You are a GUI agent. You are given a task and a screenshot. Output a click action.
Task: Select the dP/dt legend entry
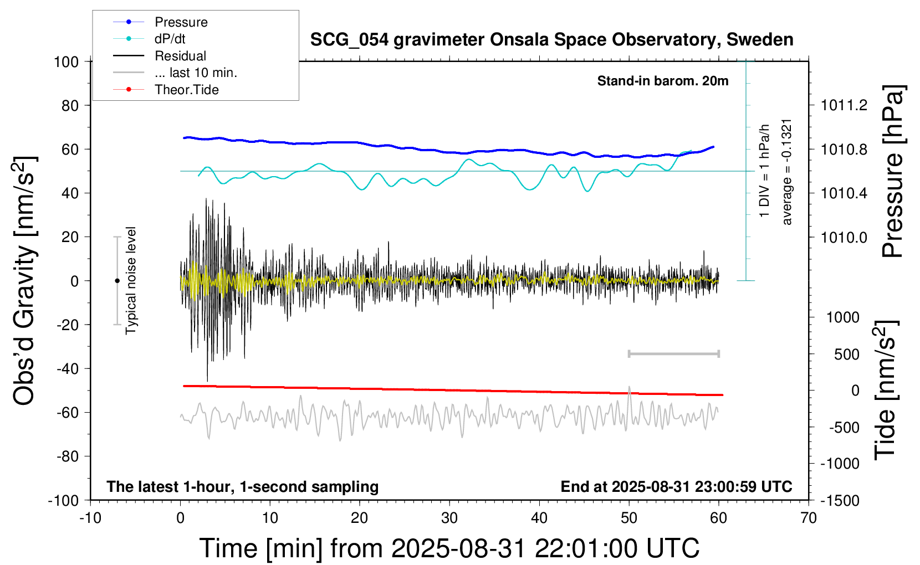click(170, 39)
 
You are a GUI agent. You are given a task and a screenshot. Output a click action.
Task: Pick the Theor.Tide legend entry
click(186, 90)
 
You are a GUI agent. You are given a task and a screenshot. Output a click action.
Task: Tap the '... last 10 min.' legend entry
click(196, 73)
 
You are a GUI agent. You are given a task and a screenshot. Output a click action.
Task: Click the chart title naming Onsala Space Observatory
click(551, 40)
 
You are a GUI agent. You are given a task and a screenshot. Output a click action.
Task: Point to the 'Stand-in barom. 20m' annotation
click(662, 81)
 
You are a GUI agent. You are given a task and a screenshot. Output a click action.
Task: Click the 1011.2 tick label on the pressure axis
click(844, 105)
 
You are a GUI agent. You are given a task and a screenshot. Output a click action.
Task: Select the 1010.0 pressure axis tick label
click(844, 237)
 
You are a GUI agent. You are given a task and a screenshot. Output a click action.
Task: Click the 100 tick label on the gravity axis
click(66, 61)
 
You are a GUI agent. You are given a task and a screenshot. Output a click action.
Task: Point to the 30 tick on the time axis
click(449, 518)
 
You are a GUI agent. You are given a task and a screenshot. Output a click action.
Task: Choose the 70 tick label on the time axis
click(809, 518)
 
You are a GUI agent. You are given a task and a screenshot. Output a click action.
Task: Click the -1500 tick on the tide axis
click(839, 501)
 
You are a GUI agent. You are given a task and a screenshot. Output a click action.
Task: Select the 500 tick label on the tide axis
click(846, 354)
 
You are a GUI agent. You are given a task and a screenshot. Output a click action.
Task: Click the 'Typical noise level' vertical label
click(131, 280)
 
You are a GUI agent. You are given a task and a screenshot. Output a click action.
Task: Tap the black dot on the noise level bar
click(117, 281)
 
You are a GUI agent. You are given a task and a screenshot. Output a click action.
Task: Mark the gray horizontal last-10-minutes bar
click(673, 353)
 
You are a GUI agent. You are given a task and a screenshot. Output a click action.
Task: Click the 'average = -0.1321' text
click(787, 172)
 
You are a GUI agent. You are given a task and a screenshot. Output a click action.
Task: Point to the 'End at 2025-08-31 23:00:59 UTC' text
click(676, 486)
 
